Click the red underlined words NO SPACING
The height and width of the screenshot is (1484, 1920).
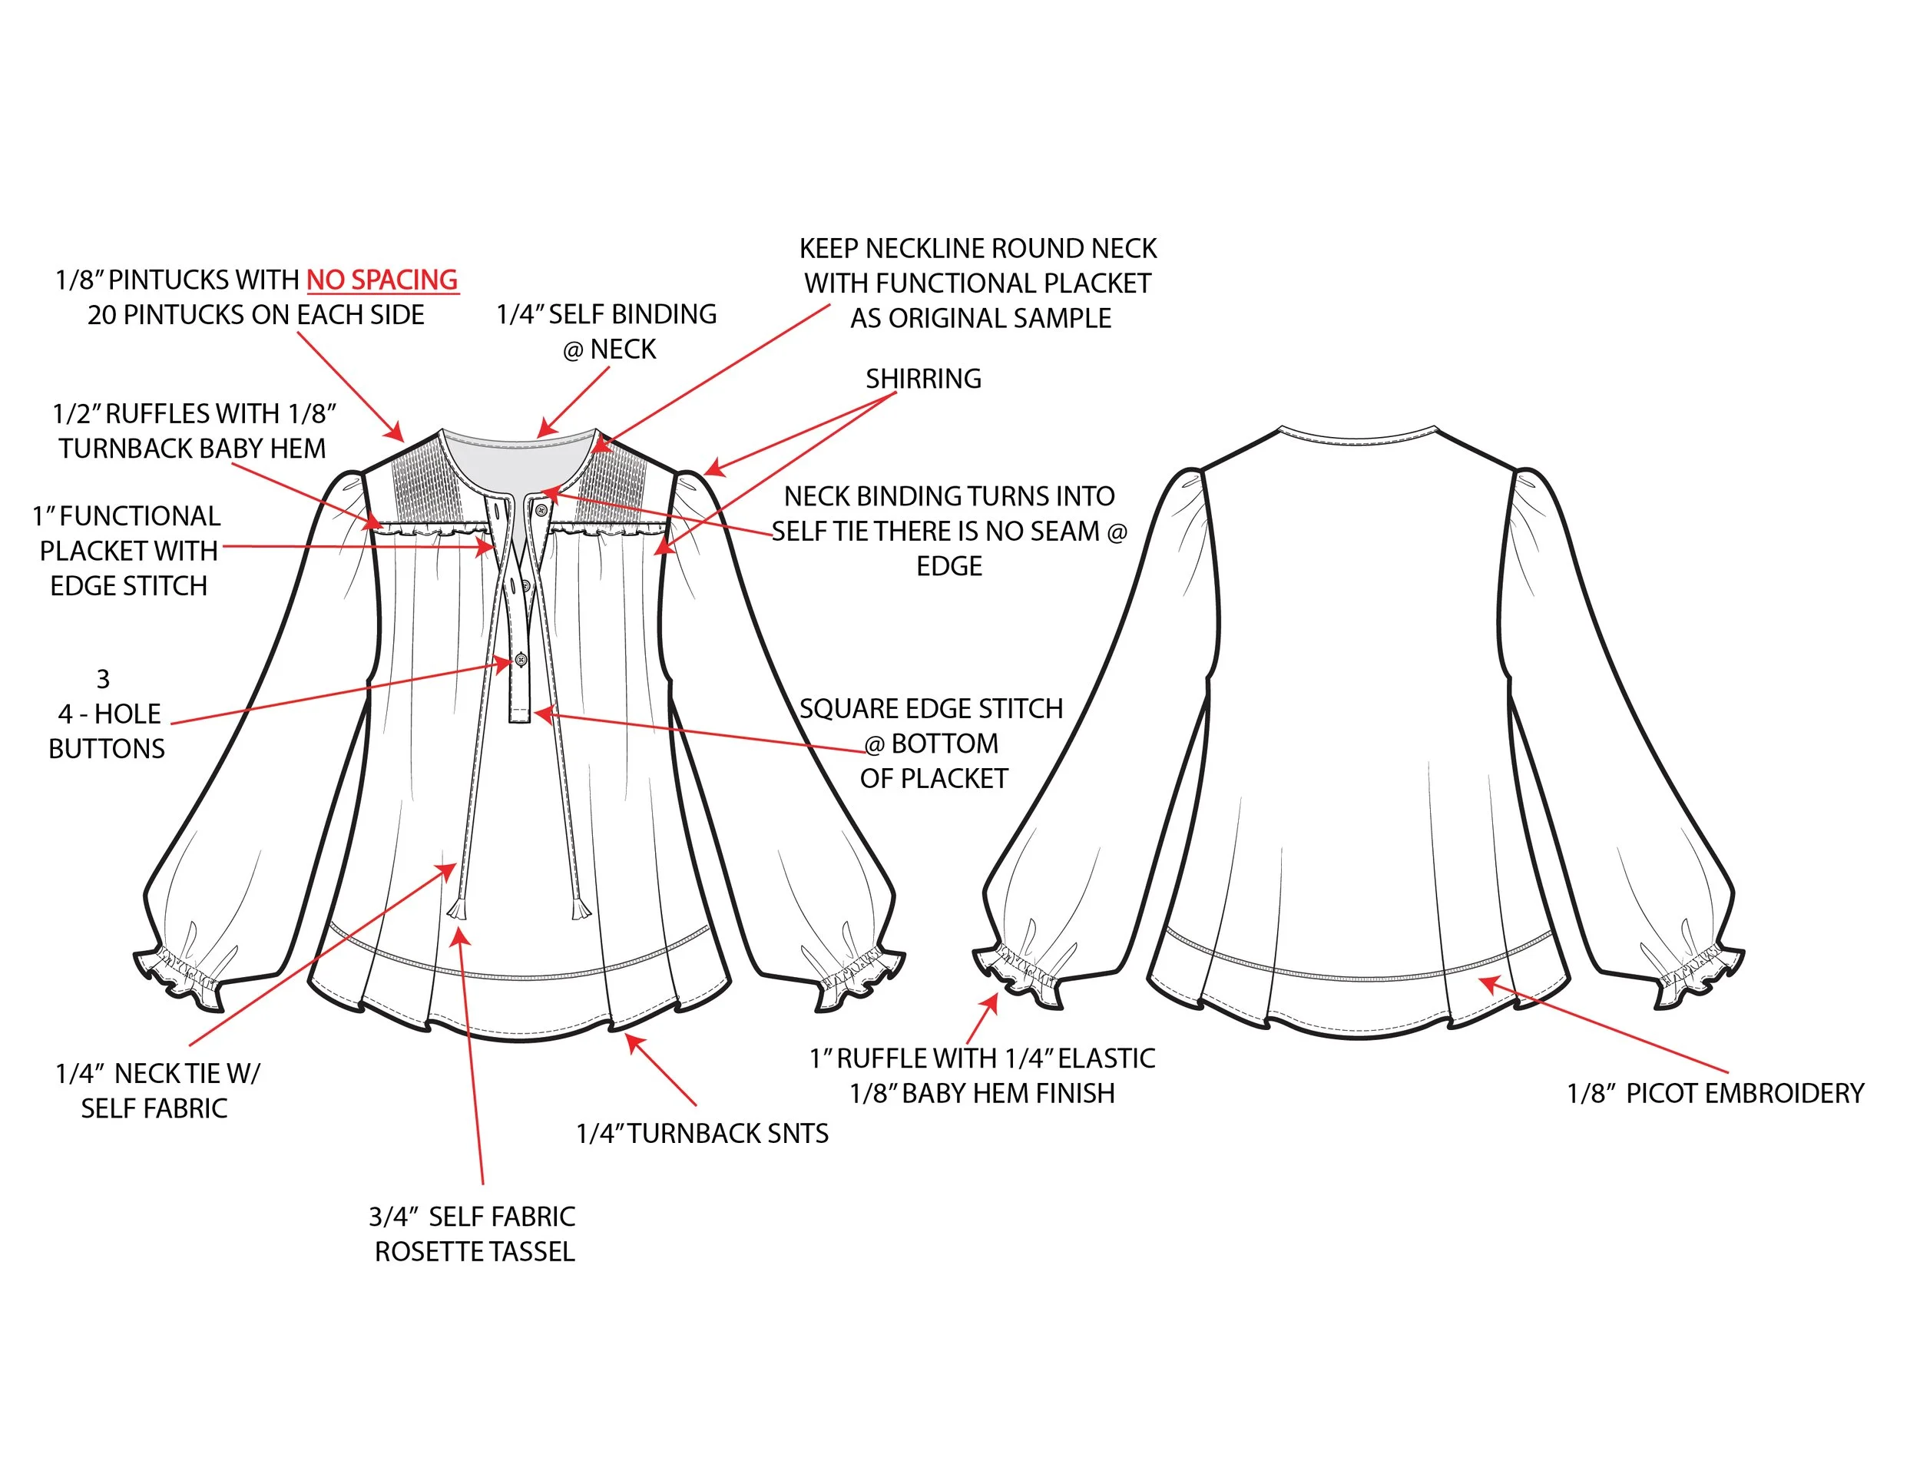click(x=382, y=280)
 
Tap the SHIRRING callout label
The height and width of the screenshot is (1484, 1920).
click(x=923, y=379)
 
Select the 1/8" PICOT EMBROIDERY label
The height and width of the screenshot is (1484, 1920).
click(x=1714, y=1093)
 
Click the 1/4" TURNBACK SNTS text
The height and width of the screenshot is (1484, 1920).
click(x=701, y=1133)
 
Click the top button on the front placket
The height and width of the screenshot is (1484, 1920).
click(x=541, y=510)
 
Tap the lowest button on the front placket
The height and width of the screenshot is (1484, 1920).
click(x=521, y=659)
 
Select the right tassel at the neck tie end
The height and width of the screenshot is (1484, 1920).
click(x=580, y=907)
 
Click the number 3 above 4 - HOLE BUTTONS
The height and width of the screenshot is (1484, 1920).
click(x=103, y=679)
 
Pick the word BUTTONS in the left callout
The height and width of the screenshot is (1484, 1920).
click(x=107, y=748)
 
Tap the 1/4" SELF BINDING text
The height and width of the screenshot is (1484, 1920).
click(x=607, y=315)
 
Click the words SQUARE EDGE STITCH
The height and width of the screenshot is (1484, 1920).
click(x=931, y=709)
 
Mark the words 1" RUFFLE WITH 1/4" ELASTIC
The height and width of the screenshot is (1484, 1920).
click(x=982, y=1058)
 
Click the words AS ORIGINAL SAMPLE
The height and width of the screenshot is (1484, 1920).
click(x=980, y=318)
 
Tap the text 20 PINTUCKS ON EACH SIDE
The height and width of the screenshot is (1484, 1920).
click(x=256, y=315)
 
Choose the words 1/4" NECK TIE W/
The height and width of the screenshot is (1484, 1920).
click(x=157, y=1073)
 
